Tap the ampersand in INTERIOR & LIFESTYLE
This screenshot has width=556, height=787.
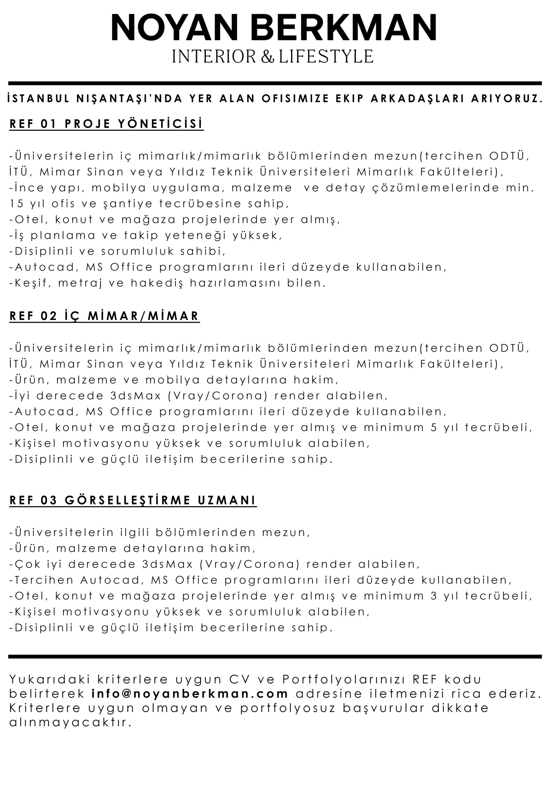268,57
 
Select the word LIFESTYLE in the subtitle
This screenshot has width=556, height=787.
326,57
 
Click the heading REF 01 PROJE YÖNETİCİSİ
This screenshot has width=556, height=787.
106,124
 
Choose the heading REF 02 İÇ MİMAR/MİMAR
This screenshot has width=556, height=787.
104,316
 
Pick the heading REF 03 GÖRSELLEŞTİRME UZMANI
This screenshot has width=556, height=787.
133,500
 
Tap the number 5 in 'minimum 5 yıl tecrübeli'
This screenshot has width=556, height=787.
434,427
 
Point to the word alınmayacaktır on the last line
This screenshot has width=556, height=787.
70,722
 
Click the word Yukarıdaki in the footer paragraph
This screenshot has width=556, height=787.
50,679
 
